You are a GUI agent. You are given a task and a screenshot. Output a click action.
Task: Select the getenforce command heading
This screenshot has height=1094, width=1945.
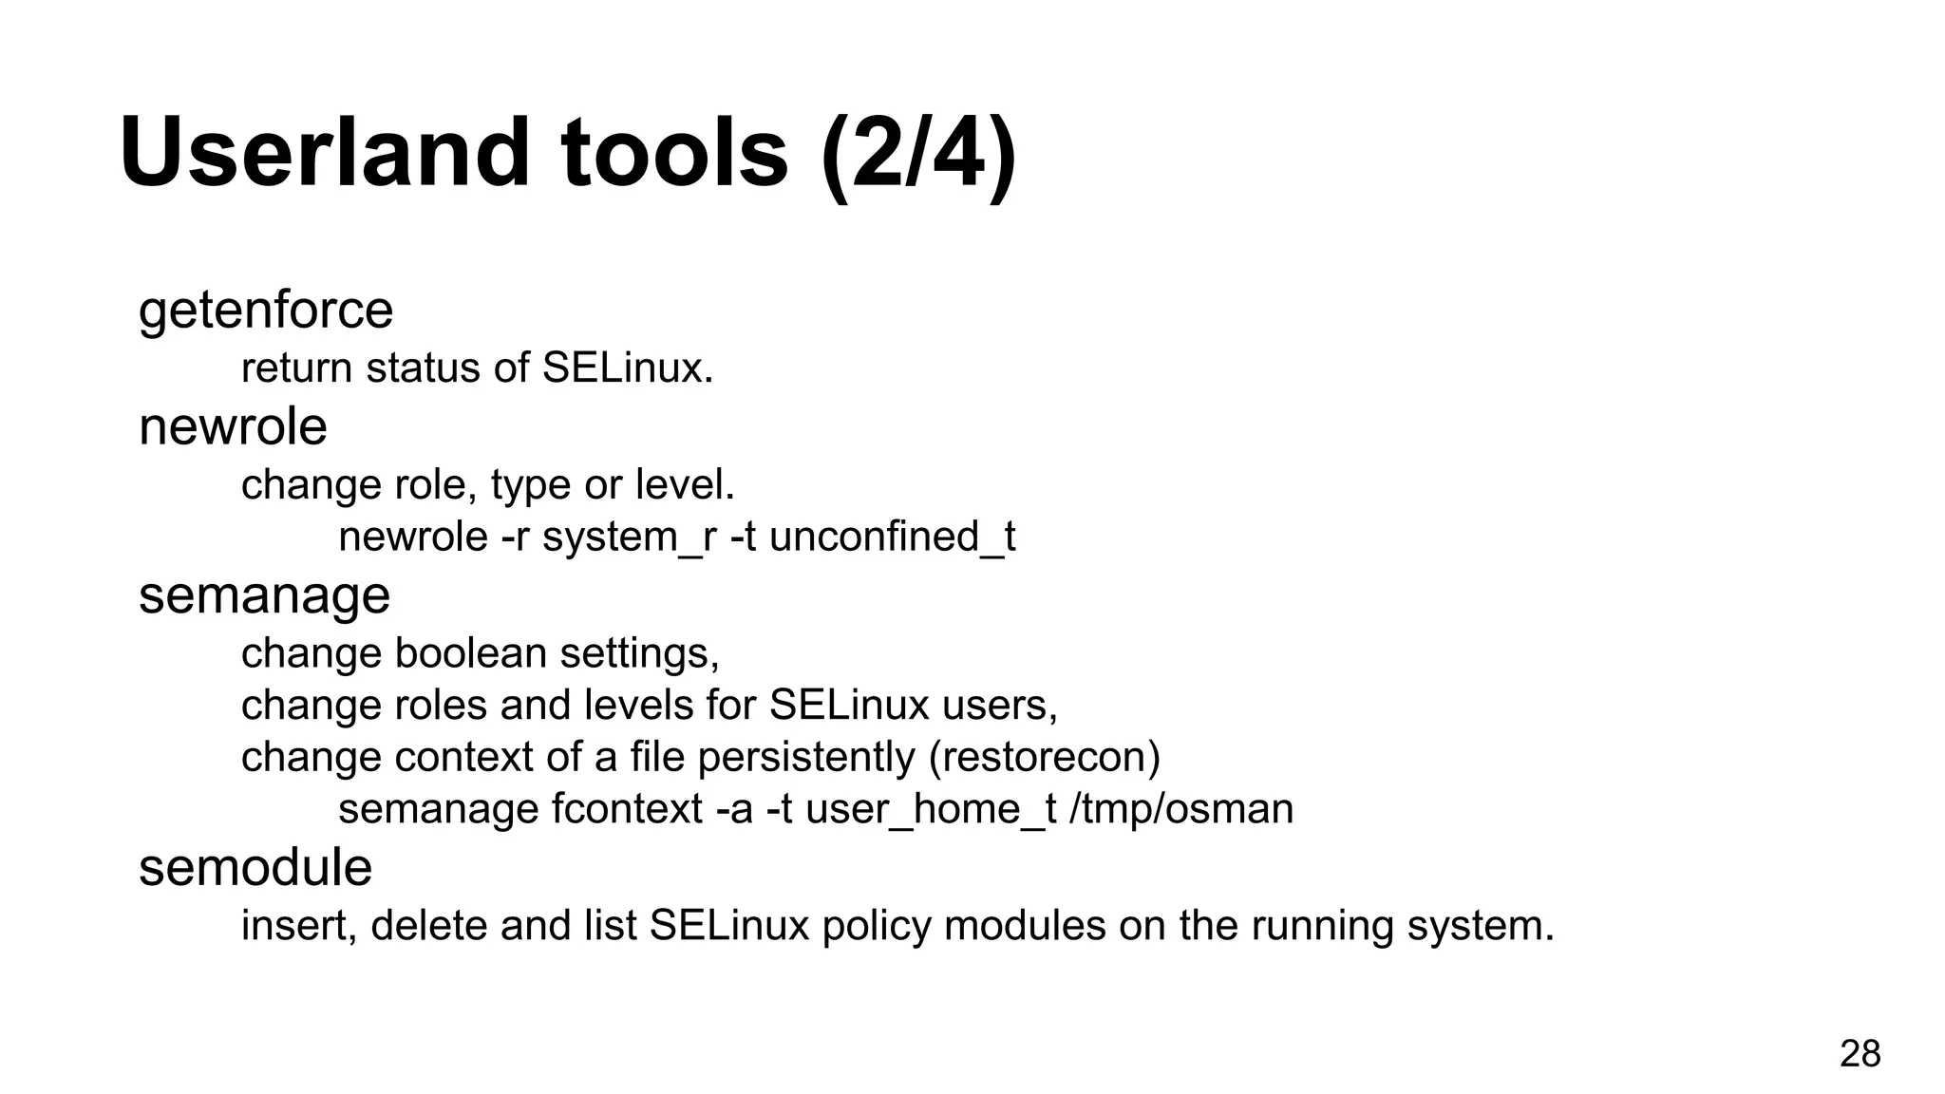click(x=266, y=311)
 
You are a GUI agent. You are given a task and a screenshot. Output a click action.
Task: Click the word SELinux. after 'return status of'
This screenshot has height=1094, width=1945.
click(x=627, y=368)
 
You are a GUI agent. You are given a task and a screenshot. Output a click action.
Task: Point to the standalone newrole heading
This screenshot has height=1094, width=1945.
click(x=233, y=426)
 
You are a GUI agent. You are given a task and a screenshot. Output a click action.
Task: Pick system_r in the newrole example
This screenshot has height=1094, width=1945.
click(x=629, y=538)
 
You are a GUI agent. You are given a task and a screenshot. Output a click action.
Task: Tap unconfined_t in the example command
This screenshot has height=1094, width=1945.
click(x=892, y=538)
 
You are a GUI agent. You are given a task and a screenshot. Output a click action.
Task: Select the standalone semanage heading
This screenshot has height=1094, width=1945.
click(x=264, y=596)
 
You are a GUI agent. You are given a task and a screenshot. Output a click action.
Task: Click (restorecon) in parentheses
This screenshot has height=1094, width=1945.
click(x=1045, y=758)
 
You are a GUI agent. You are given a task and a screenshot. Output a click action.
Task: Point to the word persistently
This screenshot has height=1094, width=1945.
click(x=806, y=758)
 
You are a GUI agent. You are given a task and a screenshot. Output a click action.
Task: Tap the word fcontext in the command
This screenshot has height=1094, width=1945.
click(x=627, y=810)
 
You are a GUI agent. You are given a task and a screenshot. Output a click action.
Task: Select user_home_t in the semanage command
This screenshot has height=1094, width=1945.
click(x=931, y=810)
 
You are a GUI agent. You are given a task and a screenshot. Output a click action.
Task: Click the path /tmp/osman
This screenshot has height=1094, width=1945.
click(x=1181, y=810)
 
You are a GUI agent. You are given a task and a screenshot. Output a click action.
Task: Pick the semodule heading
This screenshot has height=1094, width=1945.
click(x=255, y=868)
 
